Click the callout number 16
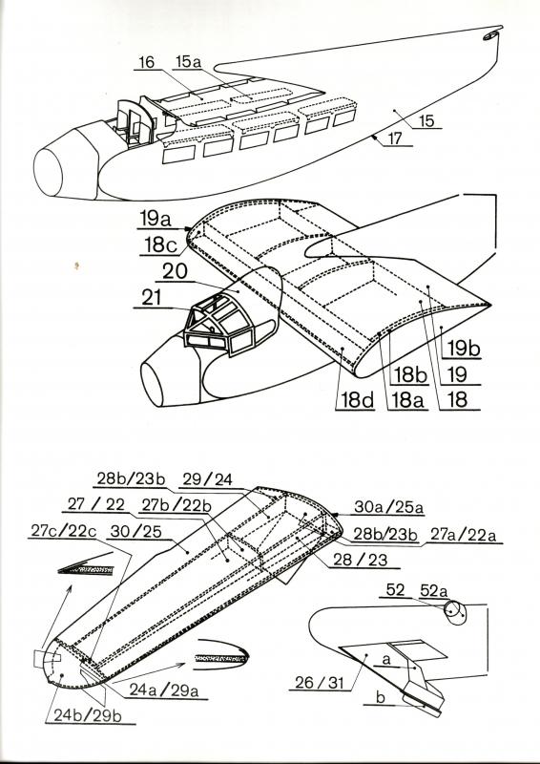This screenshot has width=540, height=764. click(146, 63)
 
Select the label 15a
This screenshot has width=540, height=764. click(189, 62)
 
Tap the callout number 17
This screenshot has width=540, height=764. click(395, 138)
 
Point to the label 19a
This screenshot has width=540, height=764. click(156, 220)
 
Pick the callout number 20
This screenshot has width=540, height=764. click(175, 272)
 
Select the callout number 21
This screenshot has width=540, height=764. click(152, 298)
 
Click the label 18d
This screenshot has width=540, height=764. click(357, 400)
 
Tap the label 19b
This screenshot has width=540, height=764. click(464, 350)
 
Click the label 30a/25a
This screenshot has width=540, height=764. click(388, 507)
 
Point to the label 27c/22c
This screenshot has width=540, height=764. click(63, 531)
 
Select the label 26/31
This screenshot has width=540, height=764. click(320, 683)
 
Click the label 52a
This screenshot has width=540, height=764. click(433, 591)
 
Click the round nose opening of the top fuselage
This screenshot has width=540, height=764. click(48, 173)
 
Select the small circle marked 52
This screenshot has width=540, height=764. click(451, 609)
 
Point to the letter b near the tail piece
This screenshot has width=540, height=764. click(381, 698)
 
